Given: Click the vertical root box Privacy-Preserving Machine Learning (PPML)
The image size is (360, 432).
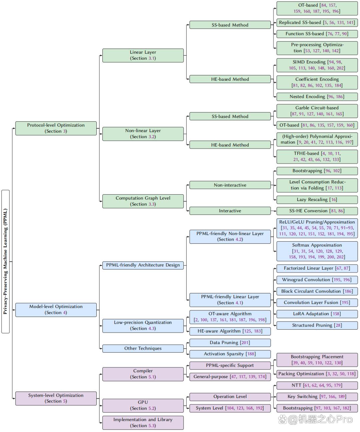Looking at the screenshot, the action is pos(6,261).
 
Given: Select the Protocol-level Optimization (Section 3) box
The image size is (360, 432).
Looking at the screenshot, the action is pos(56,128).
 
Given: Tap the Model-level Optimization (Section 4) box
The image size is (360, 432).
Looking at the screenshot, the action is pos(56,310).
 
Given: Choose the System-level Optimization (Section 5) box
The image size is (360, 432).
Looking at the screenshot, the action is pos(56,398).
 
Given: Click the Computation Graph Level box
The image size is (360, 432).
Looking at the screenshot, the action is pos(143,201).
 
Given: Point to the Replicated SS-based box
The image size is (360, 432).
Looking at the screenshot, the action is pos(317,23).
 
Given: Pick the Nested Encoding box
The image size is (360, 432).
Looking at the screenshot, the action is pos(317,97).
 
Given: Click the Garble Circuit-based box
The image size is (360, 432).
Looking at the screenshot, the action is pos(317,111).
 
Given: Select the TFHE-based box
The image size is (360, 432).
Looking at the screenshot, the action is pos(317,157).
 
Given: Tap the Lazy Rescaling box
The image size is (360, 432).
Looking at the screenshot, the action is pos(317,200).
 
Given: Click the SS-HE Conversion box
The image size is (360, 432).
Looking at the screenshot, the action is pos(317,211).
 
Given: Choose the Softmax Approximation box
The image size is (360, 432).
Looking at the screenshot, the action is pos(317,251).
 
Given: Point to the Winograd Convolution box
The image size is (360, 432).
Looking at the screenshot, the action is pos(317,280).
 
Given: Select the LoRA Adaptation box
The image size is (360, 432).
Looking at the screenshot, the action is pos(317,314).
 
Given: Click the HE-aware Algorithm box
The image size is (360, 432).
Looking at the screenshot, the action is pos(230,331).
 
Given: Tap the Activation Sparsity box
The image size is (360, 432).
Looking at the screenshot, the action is pos(230,354).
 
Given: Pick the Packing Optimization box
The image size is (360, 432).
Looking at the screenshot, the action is pos(317,374).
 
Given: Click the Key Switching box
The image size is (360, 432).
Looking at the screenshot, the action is pos(317,397).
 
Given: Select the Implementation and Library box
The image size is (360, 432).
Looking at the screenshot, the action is pos(143,423).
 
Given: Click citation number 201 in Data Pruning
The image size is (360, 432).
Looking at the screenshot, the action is pos(245,343).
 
